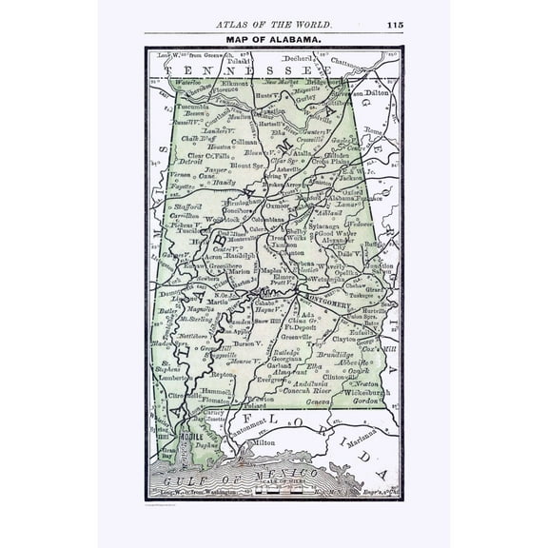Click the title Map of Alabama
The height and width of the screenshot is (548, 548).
coord(274,40)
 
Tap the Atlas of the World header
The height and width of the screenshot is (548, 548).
coord(274,24)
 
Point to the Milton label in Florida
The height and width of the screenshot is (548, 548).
coord(263,441)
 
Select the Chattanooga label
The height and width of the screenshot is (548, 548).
coord(348,62)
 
